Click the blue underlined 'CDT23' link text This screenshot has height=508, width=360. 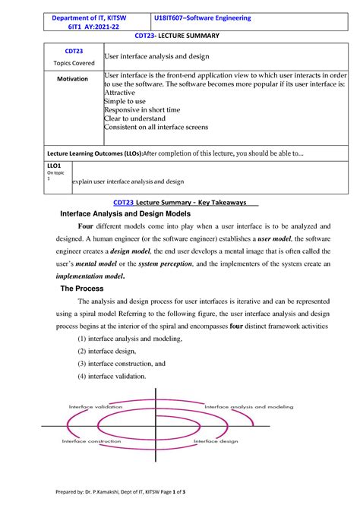point(123,203)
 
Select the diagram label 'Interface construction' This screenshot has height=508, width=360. point(93,440)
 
